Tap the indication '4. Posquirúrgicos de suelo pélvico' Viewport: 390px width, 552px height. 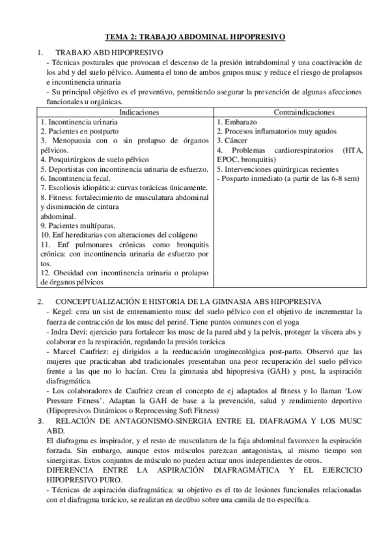[95, 159]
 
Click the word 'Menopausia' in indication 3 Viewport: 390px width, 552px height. [68, 140]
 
